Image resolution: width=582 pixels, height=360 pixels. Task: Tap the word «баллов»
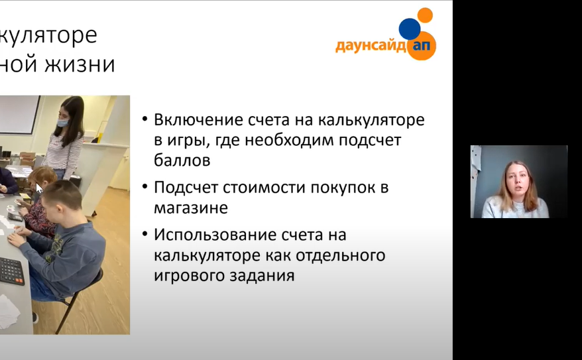(x=182, y=160)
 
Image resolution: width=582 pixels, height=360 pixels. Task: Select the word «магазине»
(x=191, y=208)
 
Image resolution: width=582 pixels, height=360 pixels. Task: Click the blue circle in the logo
(x=410, y=29)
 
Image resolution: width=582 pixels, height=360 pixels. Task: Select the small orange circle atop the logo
(x=425, y=15)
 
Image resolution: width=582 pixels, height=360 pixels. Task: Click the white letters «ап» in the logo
(x=422, y=45)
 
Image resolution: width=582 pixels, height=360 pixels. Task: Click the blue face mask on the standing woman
(x=62, y=122)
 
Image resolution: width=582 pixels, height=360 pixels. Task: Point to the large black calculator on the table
(x=12, y=270)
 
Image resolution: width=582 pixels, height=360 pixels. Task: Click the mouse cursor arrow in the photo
(x=38, y=188)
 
